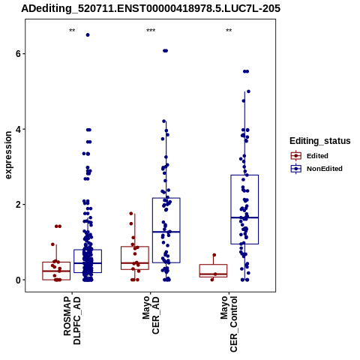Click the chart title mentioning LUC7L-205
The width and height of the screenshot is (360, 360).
click(151, 8)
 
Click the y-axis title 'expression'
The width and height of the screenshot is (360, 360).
click(8, 155)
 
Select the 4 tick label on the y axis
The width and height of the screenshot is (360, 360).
click(18, 129)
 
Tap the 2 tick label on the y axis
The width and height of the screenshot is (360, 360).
click(18, 205)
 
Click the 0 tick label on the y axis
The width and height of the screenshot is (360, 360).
click(18, 280)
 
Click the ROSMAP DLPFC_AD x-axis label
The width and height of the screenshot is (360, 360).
click(72, 320)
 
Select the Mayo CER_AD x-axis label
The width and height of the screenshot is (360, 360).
click(151, 315)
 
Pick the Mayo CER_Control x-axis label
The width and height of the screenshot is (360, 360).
click(229, 324)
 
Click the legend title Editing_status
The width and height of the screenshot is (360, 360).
click(320, 141)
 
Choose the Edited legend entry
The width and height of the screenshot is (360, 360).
click(310, 156)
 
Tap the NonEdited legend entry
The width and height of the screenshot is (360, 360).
click(316, 169)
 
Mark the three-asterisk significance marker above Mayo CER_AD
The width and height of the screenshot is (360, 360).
click(151, 31)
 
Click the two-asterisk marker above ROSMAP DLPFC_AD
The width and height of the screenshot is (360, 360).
click(72, 31)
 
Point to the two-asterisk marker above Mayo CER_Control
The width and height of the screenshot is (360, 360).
click(229, 31)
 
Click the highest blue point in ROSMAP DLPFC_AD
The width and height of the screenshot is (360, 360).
click(88, 35)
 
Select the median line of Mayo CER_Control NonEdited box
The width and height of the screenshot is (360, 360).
click(244, 217)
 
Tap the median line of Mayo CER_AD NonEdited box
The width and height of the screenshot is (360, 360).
click(166, 232)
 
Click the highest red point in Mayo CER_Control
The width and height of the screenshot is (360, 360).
click(214, 255)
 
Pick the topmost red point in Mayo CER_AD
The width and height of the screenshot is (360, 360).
click(131, 214)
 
